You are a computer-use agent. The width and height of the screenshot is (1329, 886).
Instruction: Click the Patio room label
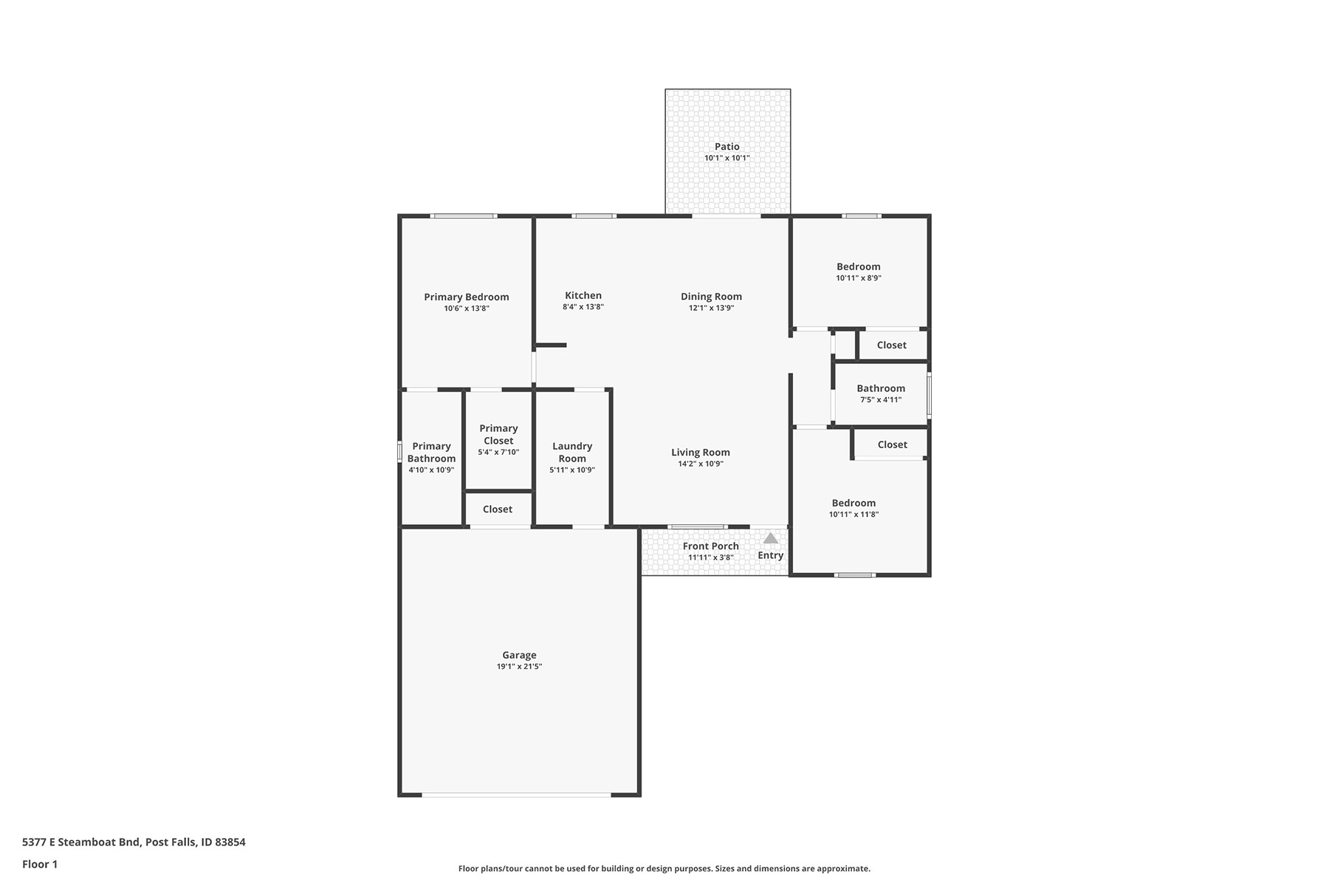[727, 146]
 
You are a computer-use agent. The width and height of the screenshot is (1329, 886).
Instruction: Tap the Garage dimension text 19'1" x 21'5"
[519, 667]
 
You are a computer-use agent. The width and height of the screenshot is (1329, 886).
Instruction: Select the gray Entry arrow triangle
[770, 538]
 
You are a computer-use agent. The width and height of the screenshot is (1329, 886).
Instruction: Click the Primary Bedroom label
[467, 297]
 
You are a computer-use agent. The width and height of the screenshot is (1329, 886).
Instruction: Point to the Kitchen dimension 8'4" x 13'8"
[583, 307]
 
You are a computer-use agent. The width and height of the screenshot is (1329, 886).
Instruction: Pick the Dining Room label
[711, 297]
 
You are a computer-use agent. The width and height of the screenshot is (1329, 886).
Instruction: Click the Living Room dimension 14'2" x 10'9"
[701, 464]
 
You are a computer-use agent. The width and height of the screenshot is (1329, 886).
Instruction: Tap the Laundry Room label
[572, 452]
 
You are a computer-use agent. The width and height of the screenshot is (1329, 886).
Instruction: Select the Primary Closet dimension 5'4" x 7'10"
[498, 453]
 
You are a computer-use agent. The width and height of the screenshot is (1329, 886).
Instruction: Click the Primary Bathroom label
[431, 452]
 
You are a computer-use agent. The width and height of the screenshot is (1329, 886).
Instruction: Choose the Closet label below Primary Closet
[498, 509]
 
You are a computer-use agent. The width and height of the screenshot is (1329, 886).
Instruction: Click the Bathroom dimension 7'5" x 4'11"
[881, 400]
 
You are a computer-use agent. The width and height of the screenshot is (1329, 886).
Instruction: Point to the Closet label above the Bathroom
[892, 345]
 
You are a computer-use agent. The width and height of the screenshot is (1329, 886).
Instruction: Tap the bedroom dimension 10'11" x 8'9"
[859, 278]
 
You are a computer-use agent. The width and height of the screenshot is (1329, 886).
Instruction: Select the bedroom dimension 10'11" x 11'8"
[854, 515]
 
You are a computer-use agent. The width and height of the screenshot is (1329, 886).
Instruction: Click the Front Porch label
[710, 546]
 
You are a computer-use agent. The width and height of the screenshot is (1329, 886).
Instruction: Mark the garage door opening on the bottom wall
[517, 794]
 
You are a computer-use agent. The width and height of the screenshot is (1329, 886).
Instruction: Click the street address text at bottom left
[134, 842]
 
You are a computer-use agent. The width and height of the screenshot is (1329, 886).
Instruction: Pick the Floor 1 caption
[40, 864]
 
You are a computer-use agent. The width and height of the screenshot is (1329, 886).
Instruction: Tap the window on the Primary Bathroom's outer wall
[399, 452]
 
